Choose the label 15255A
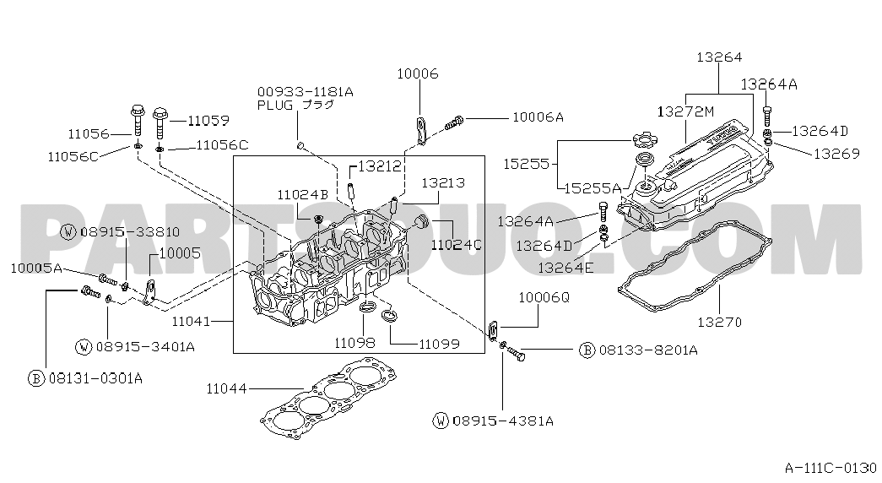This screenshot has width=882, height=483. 593,187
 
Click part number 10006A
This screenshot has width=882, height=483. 538,117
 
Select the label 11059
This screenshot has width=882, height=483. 208,121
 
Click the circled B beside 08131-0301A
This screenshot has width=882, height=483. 36,377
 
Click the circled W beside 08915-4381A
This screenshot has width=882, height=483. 441,420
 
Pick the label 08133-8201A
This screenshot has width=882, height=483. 647,350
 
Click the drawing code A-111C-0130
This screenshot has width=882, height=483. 831,467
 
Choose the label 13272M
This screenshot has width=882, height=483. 685,111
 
